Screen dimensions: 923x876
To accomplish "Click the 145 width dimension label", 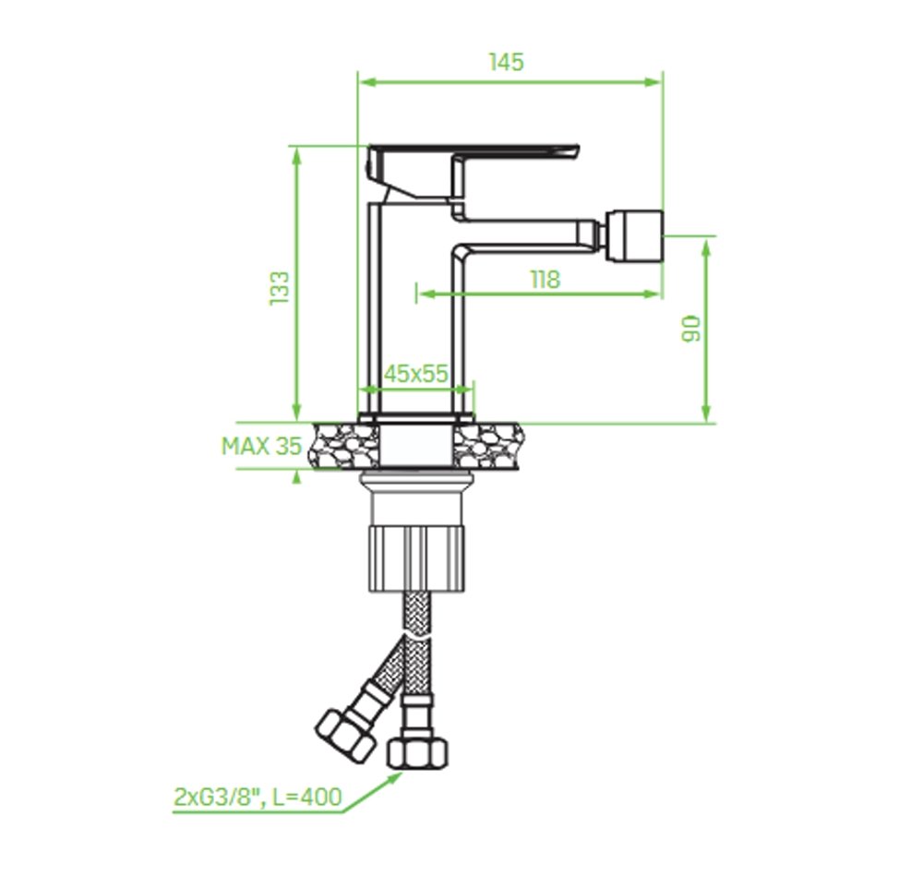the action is [506, 62].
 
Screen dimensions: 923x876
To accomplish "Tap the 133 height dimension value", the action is [280, 288].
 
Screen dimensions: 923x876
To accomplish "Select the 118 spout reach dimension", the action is [545, 280].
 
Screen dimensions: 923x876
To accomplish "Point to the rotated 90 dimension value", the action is [691, 329].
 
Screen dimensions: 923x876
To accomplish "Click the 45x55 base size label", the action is [416, 374].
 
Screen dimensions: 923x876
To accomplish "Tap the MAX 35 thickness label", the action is [262, 446].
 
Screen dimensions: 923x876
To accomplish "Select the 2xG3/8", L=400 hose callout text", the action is [258, 798].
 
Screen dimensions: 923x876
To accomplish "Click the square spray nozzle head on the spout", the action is [634, 235].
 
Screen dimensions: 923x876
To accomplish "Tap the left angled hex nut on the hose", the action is [345, 735].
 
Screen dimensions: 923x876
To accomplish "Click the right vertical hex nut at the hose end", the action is [417, 753].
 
